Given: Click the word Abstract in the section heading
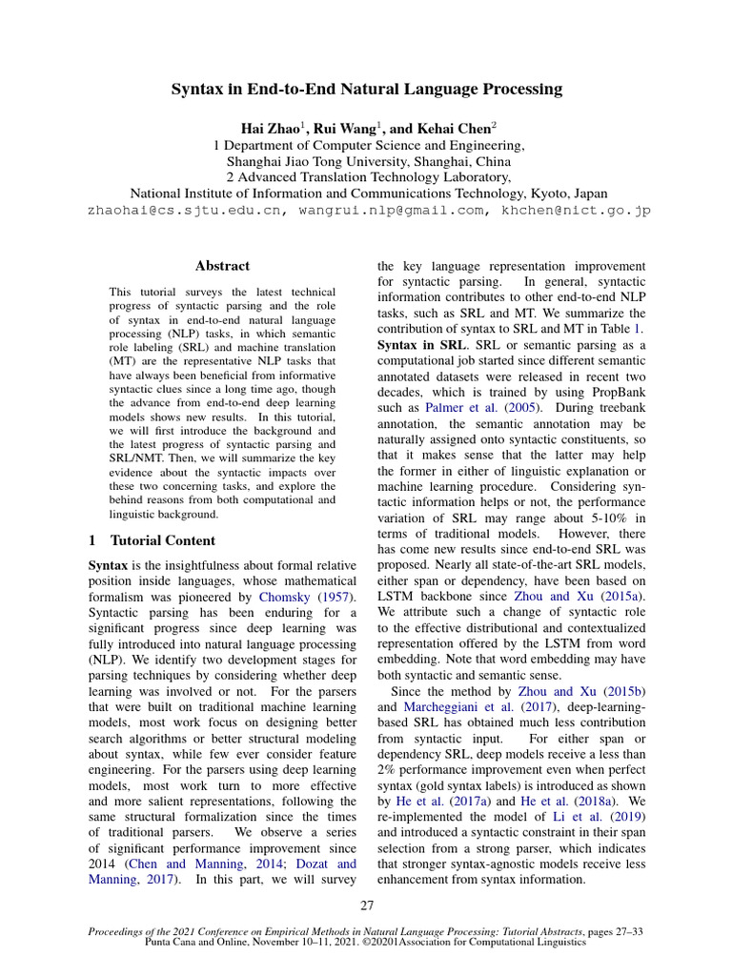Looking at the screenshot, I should [x=222, y=266].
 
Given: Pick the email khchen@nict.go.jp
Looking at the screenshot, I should [x=569, y=211].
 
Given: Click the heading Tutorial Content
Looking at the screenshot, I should [x=163, y=540].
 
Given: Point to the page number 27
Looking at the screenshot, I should [x=367, y=905].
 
